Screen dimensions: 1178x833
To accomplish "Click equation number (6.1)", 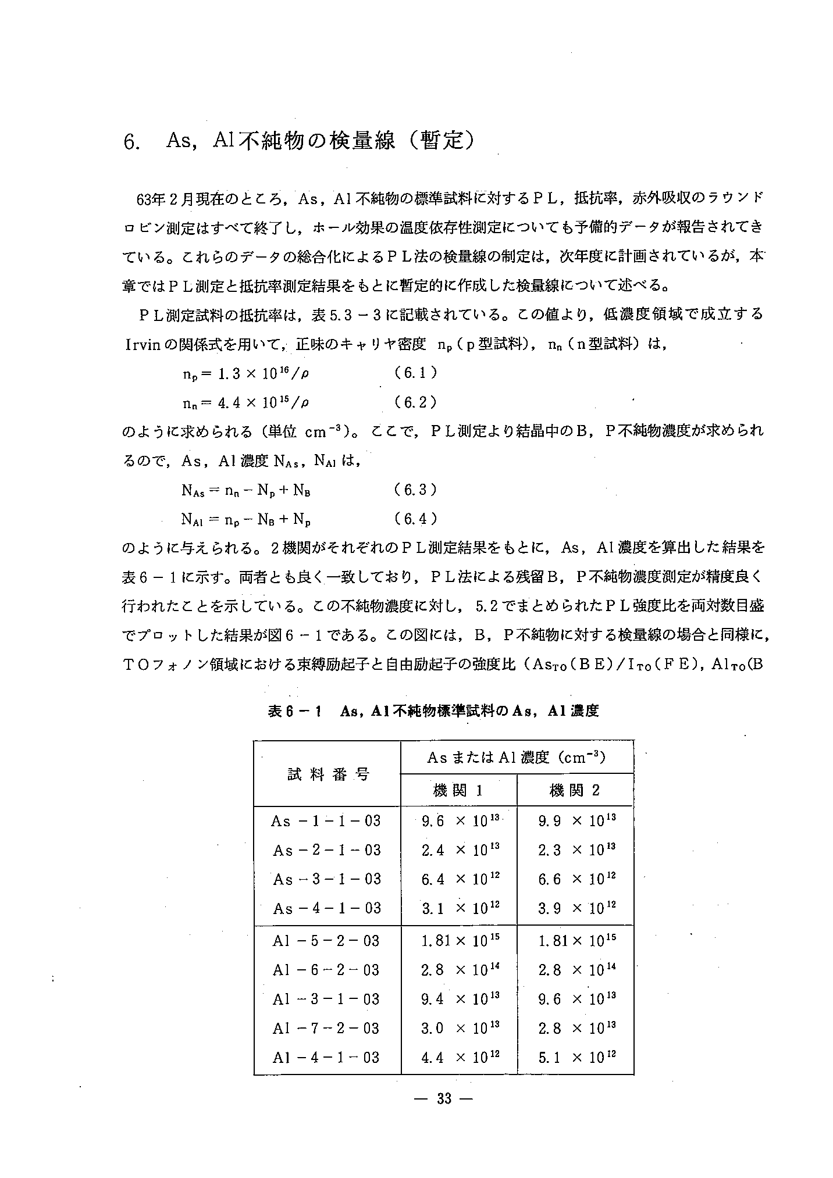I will [x=415, y=373].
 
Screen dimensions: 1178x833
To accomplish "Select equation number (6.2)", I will [x=415, y=402].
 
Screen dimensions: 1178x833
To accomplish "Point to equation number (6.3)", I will [x=415, y=490].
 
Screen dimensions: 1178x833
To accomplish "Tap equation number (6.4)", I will [x=415, y=518].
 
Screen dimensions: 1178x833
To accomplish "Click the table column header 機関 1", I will [x=458, y=790].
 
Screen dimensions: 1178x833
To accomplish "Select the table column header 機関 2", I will [x=575, y=790].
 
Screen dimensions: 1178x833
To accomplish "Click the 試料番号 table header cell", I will [x=328, y=774].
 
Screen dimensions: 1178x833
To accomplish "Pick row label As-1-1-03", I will [x=326, y=821].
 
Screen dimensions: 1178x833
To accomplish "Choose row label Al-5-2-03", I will [x=326, y=941].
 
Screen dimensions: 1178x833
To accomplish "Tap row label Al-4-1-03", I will [x=326, y=1058].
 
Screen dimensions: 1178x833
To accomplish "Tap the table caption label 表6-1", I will [x=295, y=711].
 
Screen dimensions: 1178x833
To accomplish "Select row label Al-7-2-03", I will [x=326, y=1028].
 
